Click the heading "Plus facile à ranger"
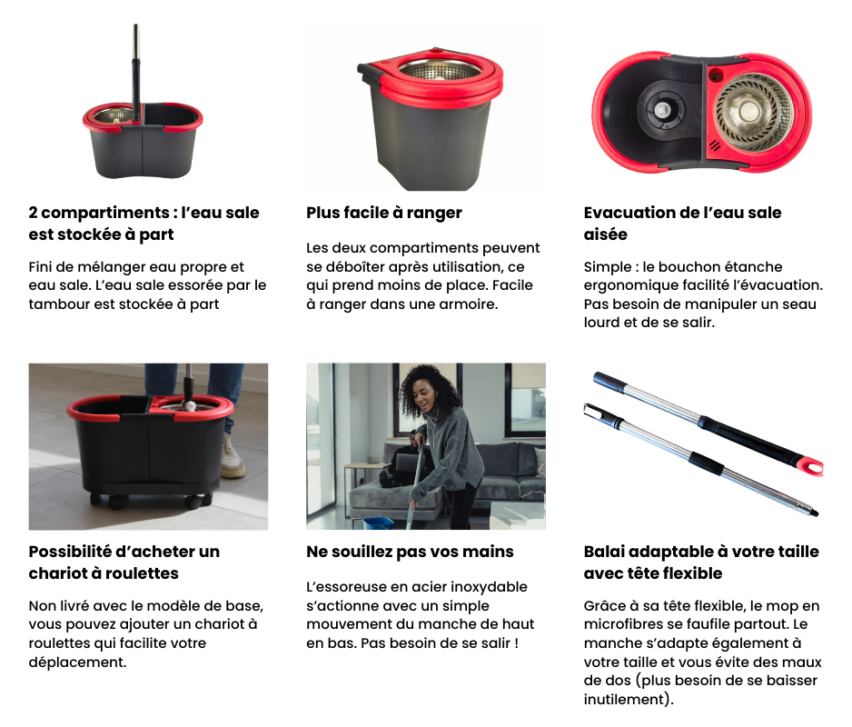[384, 213]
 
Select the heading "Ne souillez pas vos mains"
[410, 552]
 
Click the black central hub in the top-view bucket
[662, 109]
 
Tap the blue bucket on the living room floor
[378, 523]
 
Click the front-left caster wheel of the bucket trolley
[115, 502]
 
